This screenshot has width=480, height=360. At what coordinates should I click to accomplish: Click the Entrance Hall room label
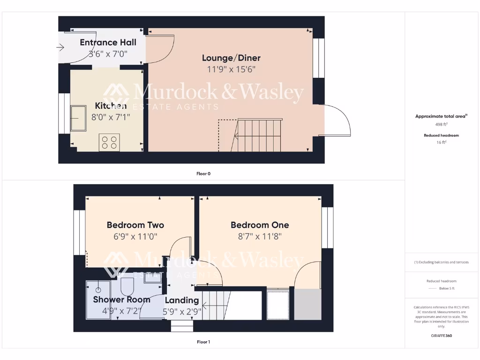point(108,43)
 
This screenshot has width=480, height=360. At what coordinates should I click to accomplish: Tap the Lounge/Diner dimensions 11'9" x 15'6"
point(231,69)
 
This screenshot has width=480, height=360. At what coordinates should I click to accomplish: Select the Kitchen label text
point(111,105)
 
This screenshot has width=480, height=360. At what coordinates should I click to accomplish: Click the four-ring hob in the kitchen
point(109,142)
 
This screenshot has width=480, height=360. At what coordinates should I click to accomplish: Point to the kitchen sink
point(78,118)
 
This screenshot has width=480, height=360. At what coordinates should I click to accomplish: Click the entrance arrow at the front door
point(60,47)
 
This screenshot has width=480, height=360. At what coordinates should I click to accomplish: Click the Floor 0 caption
point(203,173)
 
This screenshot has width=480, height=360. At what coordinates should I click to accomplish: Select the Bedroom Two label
point(135,225)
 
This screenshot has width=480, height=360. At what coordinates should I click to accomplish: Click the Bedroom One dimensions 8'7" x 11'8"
point(259,236)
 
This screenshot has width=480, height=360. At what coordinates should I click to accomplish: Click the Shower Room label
point(121,300)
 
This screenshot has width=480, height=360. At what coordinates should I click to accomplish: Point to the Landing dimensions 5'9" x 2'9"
point(182,311)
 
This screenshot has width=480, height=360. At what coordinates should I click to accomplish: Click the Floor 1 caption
point(203,342)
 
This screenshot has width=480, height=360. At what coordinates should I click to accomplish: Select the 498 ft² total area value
point(441,125)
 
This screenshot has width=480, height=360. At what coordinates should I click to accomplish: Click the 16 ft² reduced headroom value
point(441,142)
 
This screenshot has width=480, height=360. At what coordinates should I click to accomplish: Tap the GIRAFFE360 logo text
point(441,336)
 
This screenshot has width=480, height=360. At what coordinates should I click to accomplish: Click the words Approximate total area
point(441,116)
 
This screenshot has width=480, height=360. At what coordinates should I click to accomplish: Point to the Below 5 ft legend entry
point(448,288)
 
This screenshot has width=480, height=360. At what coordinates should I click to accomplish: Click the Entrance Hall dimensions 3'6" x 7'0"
point(108,54)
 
